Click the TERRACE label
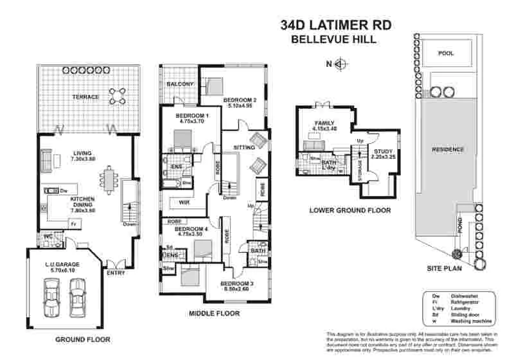[x=85, y=97]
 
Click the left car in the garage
[x=49, y=299]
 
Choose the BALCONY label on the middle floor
[x=180, y=84]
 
